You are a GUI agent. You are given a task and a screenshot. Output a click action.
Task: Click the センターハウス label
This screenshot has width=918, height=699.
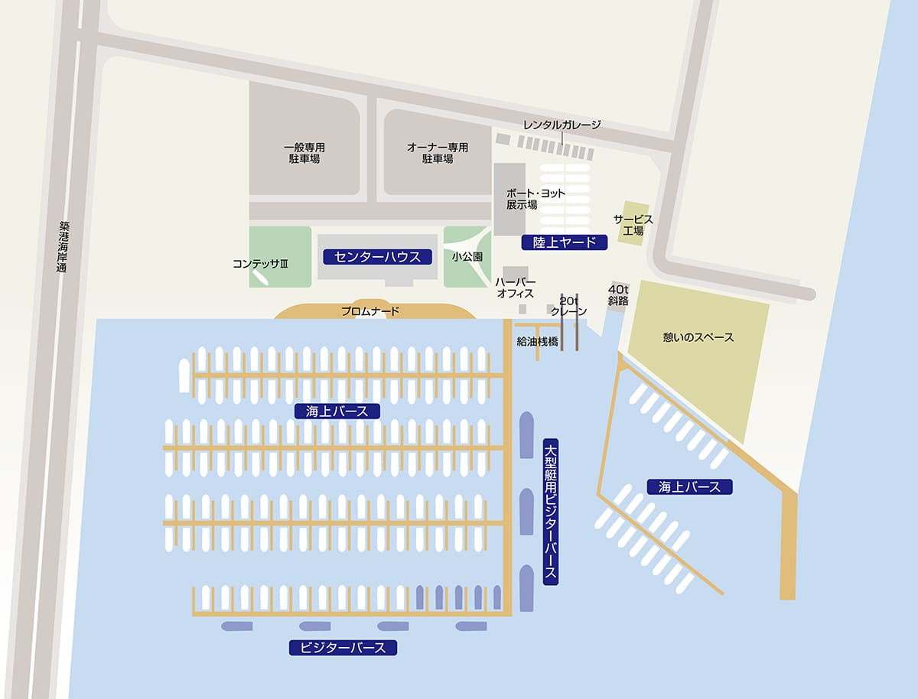pos(378,256)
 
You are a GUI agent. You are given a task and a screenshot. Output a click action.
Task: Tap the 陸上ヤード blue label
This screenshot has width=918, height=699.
pos(564,242)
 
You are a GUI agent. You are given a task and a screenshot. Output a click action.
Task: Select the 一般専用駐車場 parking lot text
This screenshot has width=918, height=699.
pos(304,153)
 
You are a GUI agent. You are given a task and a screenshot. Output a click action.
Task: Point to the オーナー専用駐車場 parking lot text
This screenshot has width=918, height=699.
pos(437,153)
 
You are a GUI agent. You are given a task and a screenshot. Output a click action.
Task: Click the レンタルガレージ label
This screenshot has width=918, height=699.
pos(562,125)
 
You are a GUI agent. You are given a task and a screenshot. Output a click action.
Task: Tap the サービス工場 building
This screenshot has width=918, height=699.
pos(633,224)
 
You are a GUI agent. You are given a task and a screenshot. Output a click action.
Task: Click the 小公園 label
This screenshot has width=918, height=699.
pos(467,257)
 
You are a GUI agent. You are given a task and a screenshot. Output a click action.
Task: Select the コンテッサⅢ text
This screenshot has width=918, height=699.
pos(260,264)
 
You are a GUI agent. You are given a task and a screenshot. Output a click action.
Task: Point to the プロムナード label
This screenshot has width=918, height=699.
pos(370,311)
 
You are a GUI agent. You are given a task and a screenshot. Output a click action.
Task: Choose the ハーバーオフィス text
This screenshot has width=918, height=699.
pos(516,288)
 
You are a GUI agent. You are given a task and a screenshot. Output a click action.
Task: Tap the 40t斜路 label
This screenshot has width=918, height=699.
pos(618,295)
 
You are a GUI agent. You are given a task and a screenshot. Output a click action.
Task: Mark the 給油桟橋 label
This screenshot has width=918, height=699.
pos(538,342)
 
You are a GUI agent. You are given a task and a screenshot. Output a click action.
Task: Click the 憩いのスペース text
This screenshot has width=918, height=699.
pos(698,337)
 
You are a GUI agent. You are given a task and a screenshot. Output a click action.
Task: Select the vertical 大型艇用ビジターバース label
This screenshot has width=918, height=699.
pos(550,512)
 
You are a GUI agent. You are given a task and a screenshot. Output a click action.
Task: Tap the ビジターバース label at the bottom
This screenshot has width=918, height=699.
pos(343,648)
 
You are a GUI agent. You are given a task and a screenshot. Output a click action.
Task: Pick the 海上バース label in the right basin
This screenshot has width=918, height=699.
pos(689,486)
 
